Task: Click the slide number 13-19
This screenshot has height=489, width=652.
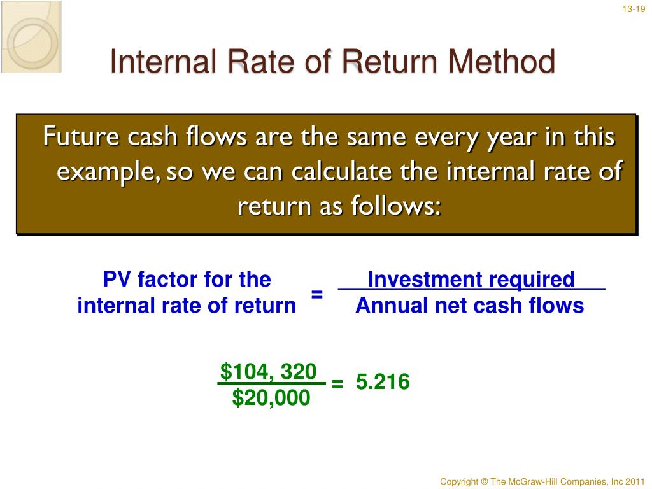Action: tap(634, 9)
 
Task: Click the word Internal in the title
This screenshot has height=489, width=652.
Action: tap(163, 62)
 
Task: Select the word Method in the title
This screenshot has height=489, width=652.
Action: tap(502, 62)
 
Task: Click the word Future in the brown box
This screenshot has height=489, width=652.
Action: tap(81, 136)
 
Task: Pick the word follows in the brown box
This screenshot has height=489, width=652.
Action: tap(396, 206)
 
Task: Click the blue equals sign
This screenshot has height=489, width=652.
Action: tap(317, 294)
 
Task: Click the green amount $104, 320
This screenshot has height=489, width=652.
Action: tap(269, 371)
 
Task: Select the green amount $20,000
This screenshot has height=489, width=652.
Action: tap(271, 397)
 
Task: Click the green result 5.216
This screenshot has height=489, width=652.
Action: tap(383, 382)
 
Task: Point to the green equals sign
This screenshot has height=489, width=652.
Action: tap(337, 383)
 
